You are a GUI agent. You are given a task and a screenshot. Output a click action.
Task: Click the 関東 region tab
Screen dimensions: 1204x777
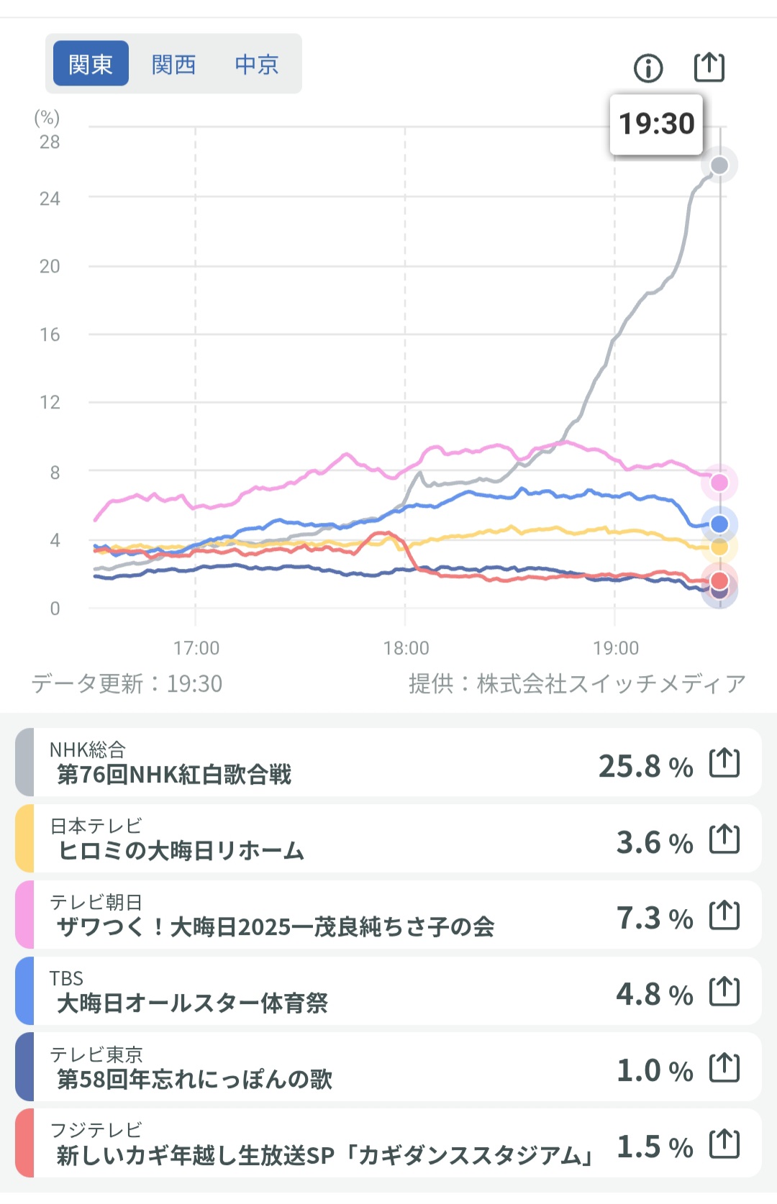[91, 64]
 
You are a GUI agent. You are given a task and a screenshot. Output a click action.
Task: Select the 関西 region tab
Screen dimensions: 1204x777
[173, 64]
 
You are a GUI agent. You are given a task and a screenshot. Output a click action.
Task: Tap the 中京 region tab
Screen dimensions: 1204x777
[257, 64]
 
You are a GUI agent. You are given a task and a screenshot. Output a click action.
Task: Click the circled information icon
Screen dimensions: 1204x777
[648, 68]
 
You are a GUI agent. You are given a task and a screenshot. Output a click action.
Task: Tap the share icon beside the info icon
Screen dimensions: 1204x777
[709, 68]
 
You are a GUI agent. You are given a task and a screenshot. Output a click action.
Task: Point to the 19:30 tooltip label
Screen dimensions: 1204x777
[656, 124]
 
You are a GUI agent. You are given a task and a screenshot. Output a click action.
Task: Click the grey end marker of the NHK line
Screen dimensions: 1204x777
[719, 166]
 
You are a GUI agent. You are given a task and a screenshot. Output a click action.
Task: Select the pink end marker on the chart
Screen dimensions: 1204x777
[719, 483]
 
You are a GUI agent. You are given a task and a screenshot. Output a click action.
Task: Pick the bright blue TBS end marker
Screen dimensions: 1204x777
[719, 524]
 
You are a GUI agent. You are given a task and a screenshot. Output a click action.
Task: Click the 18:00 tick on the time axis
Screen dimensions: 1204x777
[406, 648]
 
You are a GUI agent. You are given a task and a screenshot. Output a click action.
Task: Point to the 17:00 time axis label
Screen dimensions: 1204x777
[196, 648]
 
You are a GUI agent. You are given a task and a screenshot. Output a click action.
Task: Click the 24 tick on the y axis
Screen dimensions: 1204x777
[50, 199]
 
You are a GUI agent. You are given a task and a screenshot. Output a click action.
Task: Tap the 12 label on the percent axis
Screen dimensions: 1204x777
[50, 402]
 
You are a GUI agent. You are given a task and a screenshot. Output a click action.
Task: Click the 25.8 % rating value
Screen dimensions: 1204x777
[645, 767]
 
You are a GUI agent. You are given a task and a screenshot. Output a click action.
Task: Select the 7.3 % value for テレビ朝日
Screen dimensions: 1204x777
[654, 918]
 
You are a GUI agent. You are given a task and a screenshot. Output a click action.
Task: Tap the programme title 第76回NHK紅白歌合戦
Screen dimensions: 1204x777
[174, 775]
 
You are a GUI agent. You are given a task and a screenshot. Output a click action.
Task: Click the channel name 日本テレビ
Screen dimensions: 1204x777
[96, 826]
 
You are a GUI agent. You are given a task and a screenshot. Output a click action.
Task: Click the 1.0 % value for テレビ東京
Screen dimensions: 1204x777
[654, 1071]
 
